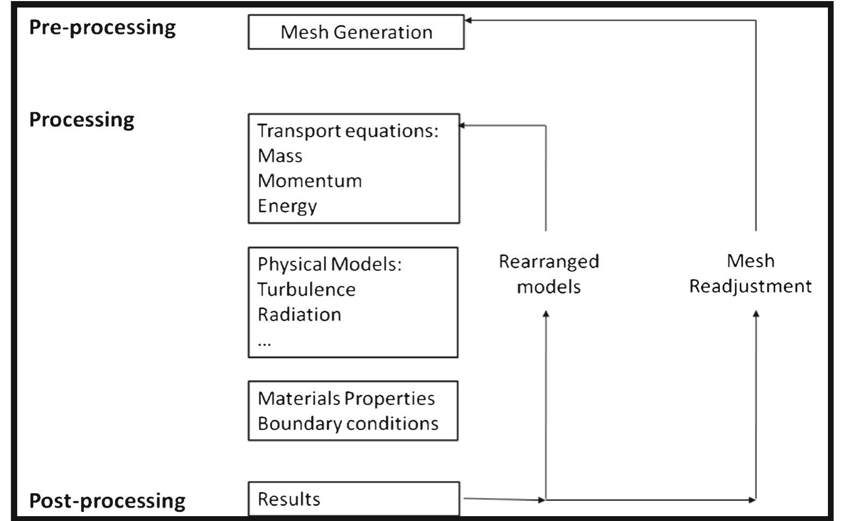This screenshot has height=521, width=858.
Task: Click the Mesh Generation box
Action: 356,32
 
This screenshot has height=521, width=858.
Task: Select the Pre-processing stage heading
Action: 102,27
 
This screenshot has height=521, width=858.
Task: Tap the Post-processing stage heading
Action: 107,501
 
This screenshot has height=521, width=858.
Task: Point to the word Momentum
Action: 309,181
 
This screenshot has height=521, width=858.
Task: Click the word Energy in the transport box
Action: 287,206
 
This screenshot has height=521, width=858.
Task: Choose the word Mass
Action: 280,156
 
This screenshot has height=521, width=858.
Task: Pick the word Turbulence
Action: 306,290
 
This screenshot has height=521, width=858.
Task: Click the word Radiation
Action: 299,315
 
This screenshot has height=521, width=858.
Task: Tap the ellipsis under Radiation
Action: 264,342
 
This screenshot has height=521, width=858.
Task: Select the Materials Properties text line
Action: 346,398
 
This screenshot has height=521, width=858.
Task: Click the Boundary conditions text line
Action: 348,424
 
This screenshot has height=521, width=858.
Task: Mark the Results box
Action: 354,499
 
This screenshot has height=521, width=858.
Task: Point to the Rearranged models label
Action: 549,274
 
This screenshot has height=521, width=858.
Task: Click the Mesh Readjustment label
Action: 750,273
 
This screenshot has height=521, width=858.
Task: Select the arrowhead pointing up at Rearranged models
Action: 546,314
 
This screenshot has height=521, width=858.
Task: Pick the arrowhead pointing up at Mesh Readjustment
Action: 756,314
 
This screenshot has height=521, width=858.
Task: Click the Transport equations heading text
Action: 348,131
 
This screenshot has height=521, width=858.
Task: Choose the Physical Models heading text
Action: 329,265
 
